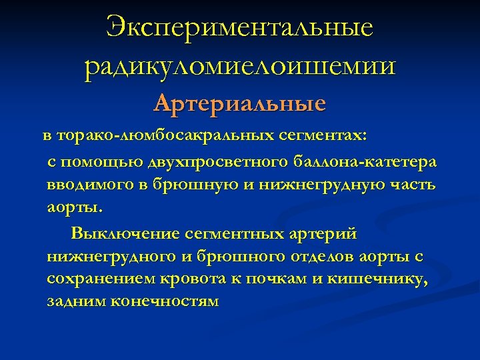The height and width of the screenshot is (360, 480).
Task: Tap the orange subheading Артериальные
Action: click(x=239, y=104)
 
